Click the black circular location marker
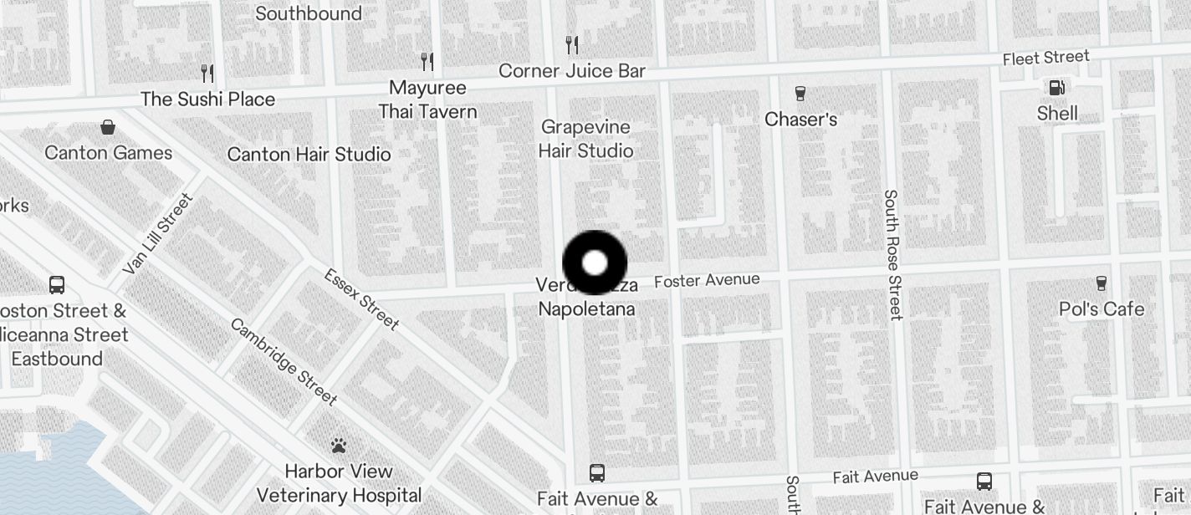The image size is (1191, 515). [595, 263]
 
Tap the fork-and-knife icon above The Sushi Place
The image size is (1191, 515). [207, 74]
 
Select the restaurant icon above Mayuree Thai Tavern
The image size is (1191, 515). [427, 61]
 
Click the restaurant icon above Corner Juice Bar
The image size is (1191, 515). [572, 44]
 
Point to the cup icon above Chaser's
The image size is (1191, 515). [800, 93]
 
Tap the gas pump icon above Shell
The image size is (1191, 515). [1057, 87]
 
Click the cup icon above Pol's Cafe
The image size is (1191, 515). [1102, 283]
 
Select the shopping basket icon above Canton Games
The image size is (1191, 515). [108, 127]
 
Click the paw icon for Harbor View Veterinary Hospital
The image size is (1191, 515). [339, 446]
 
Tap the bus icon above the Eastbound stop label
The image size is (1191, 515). [57, 285]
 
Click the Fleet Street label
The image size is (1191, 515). [1046, 58]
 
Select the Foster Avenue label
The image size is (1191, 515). [707, 280]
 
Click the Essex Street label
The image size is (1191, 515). [361, 299]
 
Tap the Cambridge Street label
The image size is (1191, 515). [284, 362]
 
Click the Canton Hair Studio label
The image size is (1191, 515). [309, 154]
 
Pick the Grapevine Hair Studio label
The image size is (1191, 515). [585, 139]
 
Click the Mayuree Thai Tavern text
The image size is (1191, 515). [427, 99]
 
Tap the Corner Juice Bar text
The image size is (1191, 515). [572, 71]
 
